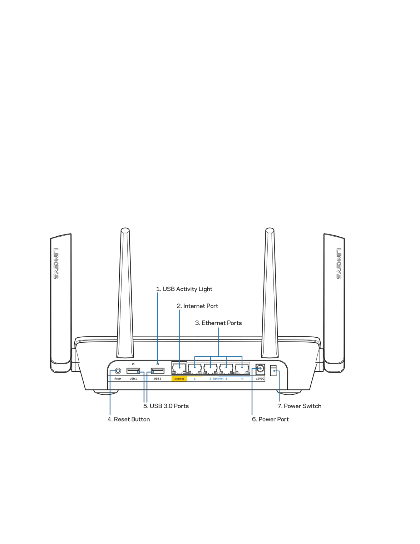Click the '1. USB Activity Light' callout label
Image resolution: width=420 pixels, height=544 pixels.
(x=184, y=289)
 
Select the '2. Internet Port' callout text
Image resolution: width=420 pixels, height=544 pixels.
(x=198, y=306)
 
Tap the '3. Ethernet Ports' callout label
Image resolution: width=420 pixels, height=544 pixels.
(x=218, y=323)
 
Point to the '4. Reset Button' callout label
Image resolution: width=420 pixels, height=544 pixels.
(x=129, y=419)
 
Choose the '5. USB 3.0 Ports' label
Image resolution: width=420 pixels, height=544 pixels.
(x=166, y=406)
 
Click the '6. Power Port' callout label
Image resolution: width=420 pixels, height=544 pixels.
(x=270, y=419)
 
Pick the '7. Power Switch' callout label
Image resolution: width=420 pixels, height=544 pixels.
(x=299, y=406)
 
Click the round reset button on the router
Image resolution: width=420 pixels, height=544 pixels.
(x=118, y=371)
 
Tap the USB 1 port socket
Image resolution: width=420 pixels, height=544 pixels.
(x=133, y=371)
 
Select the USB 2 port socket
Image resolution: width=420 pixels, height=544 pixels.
(x=157, y=371)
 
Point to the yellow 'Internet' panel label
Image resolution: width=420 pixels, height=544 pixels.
(x=179, y=379)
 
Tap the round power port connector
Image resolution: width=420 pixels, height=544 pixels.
(x=260, y=369)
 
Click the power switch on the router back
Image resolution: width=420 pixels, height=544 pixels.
(x=273, y=370)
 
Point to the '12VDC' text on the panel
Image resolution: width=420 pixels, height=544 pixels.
(x=260, y=379)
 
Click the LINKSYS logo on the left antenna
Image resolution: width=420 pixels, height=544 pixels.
(x=56, y=264)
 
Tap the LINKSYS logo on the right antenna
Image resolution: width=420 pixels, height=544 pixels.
(x=339, y=264)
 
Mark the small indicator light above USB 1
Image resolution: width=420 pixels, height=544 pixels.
(x=133, y=364)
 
